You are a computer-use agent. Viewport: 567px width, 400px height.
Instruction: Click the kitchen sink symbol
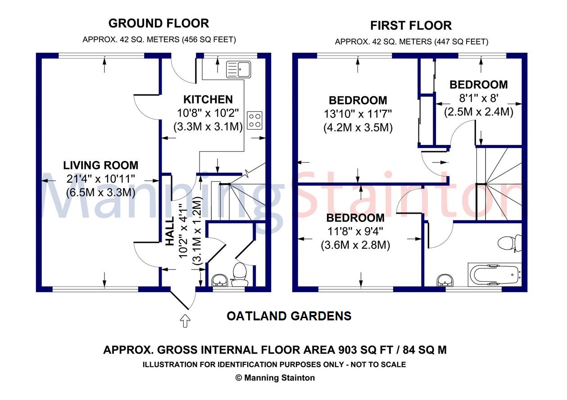tap(238, 69)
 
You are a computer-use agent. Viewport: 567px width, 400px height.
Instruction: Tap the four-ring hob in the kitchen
tap(254, 120)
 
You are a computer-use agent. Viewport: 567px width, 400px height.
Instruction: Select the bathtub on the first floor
tap(494, 274)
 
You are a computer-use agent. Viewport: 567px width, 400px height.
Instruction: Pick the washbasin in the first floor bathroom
tap(445, 280)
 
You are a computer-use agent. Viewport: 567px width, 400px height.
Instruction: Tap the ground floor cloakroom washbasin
tap(220, 280)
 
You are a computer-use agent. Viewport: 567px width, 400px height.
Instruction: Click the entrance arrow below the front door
tap(185, 321)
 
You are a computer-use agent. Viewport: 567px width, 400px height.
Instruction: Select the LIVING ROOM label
tap(101, 166)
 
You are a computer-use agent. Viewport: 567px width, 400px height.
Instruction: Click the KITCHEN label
tap(208, 99)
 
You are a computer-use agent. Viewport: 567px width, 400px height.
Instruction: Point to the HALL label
tap(170, 231)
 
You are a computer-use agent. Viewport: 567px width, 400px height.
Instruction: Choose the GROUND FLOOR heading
tap(159, 23)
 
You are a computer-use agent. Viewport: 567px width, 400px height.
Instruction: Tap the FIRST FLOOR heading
tap(411, 26)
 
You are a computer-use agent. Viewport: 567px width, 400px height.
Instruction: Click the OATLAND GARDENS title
tap(289, 316)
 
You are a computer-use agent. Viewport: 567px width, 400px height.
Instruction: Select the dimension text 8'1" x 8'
tap(479, 98)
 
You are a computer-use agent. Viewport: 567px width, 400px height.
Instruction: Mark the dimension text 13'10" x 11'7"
tap(358, 114)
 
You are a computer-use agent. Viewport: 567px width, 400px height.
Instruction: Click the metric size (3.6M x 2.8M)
tap(355, 245)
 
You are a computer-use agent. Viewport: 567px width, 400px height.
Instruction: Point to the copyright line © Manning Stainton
tap(275, 378)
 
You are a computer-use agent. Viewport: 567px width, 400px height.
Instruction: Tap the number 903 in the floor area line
tap(348, 350)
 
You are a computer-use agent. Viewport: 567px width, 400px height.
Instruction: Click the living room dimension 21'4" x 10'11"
tap(101, 179)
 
